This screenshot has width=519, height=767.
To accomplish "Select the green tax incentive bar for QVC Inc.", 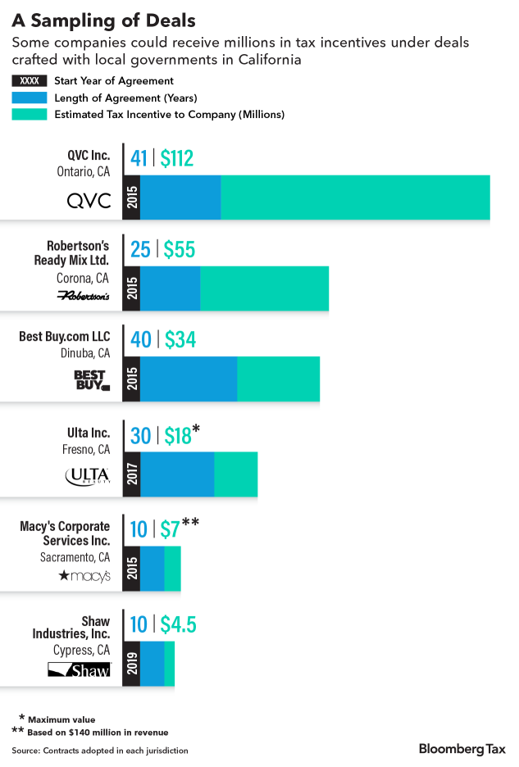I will pyautogui.click(x=355, y=197).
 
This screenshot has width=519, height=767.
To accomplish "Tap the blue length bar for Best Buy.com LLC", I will pyautogui.click(x=189, y=379).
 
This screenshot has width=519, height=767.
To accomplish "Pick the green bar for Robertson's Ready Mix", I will pyautogui.click(x=264, y=288).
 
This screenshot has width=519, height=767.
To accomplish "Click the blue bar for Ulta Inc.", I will pyautogui.click(x=177, y=474).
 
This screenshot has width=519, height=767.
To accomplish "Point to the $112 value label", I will pyautogui.click(x=177, y=158).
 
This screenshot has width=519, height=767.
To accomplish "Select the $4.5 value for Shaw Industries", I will pyautogui.click(x=178, y=624).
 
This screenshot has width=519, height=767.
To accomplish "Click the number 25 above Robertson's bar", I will pyautogui.click(x=140, y=249).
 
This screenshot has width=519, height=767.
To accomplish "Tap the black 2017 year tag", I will pyautogui.click(x=132, y=474).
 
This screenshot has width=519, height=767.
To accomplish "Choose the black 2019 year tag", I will pyautogui.click(x=132, y=664).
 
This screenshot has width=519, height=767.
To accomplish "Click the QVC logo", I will pyautogui.click(x=89, y=201).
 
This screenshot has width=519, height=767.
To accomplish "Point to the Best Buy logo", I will pyautogui.click(x=91, y=379).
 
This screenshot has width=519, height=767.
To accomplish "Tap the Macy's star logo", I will pyautogui.click(x=84, y=576).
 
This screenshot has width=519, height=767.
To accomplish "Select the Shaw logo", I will pyautogui.click(x=79, y=670).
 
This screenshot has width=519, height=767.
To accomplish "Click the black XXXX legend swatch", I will pyautogui.click(x=30, y=80).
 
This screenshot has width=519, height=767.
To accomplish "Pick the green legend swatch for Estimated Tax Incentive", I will pyautogui.click(x=30, y=115).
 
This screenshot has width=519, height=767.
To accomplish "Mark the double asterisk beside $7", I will pyautogui.click(x=191, y=522).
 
